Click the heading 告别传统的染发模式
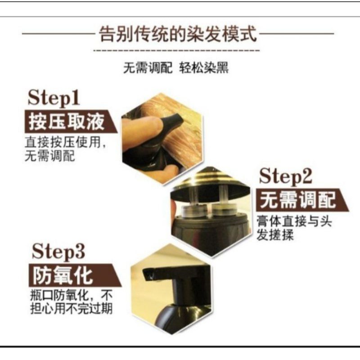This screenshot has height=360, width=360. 177,34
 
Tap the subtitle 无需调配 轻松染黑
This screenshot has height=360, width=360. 176,68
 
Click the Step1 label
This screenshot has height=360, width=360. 54,98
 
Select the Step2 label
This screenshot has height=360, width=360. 285,176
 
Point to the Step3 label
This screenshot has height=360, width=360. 58,252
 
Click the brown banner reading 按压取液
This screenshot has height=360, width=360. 71,121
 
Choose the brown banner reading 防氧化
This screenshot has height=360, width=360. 75,275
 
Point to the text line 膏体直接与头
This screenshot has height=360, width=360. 294,221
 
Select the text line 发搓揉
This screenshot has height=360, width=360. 275,235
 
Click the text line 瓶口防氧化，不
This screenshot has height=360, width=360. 72,295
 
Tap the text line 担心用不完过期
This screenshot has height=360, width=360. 72,309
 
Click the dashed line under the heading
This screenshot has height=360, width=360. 176,50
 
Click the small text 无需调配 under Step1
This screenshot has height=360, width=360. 50,156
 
